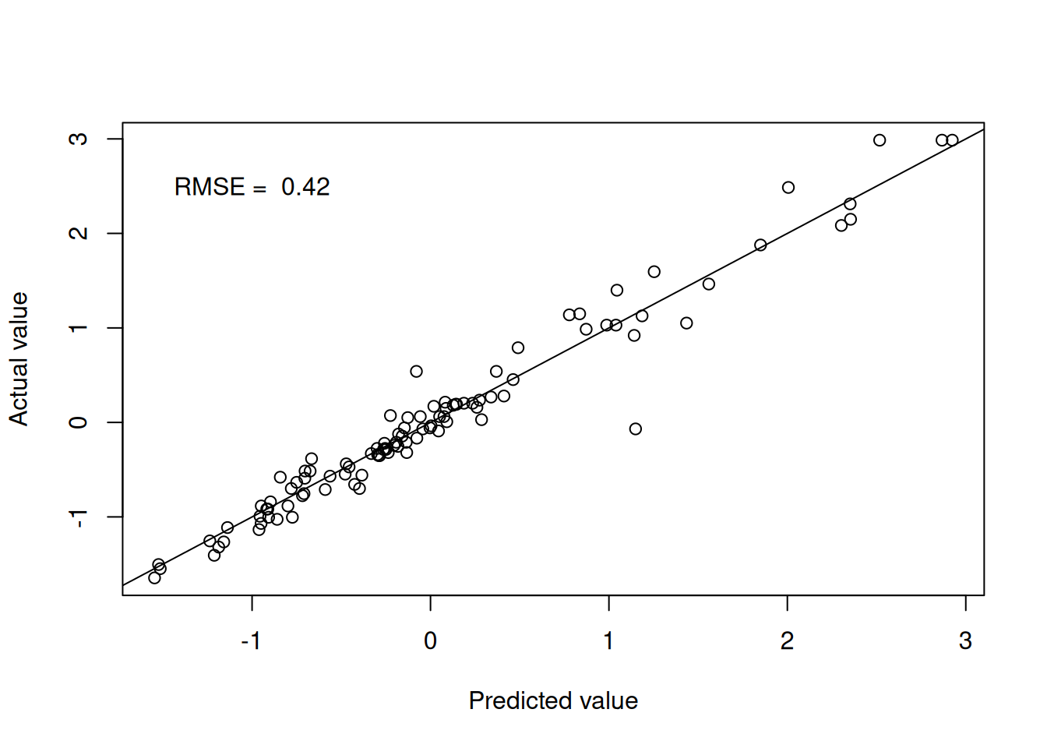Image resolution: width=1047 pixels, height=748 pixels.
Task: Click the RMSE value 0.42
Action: [x=305, y=187]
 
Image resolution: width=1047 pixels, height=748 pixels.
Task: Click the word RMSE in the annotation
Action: [x=210, y=187]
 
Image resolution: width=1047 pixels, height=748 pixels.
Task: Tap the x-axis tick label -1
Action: [x=251, y=640]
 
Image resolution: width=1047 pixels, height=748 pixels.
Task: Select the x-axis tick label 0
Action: [x=430, y=640]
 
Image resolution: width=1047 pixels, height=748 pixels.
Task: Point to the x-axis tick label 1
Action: [x=608, y=640]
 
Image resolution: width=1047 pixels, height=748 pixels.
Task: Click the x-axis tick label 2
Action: [x=787, y=640]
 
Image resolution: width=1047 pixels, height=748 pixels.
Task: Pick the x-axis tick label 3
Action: [x=965, y=640]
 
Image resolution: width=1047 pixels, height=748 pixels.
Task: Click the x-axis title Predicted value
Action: [x=553, y=700]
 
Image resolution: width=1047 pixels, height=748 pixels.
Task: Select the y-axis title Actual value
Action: [x=19, y=358]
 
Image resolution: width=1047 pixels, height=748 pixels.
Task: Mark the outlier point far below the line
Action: [x=636, y=429]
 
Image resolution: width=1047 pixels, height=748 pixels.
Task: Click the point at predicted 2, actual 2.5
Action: [x=788, y=188]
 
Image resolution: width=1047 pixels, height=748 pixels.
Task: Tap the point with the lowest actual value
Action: [x=154, y=577]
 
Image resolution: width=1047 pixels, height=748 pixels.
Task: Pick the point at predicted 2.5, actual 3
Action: [x=880, y=140]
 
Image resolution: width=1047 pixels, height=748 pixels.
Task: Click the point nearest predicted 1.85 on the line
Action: [x=760, y=245]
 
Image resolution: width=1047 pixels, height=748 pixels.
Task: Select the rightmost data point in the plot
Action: [x=952, y=140]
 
